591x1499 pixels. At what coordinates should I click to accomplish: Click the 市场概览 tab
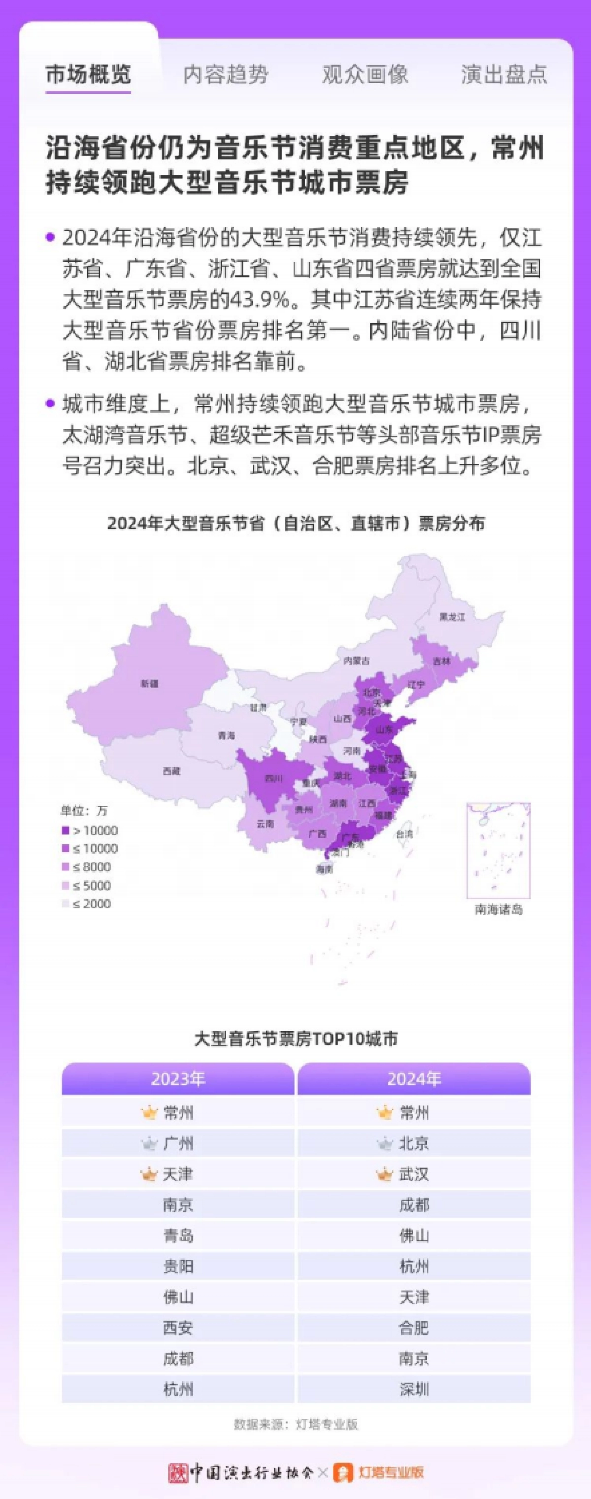tap(89, 74)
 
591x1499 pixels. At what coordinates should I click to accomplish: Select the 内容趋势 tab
tap(226, 74)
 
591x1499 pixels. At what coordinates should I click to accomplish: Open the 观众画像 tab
tap(365, 74)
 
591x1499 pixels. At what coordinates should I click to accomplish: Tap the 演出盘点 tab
tap(504, 74)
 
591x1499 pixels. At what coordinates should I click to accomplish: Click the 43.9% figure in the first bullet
tap(258, 300)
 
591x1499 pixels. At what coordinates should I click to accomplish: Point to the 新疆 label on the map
tap(150, 684)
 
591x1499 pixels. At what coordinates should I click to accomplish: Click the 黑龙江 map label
tap(453, 616)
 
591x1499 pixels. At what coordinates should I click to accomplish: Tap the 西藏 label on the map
tap(171, 771)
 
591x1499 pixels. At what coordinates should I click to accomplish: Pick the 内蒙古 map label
tap(357, 661)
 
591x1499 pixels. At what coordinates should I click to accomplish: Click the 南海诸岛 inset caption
tap(498, 909)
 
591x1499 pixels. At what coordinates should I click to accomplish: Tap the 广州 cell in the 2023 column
tap(178, 1144)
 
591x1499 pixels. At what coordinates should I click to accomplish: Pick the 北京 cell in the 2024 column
tap(414, 1144)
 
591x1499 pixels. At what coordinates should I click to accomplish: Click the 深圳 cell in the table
tap(414, 1390)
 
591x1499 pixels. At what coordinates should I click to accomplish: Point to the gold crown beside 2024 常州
tap(384, 1113)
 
